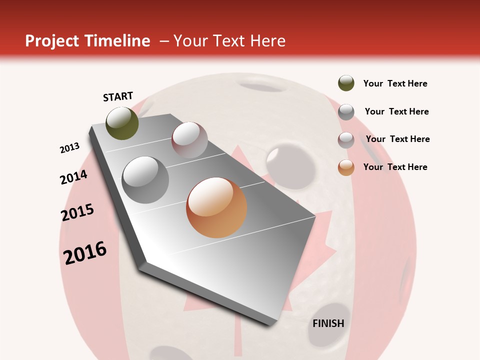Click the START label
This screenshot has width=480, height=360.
(x=118, y=96)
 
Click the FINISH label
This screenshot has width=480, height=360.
(x=328, y=323)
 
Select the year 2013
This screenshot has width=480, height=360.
(x=69, y=148)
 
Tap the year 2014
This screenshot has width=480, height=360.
(x=73, y=177)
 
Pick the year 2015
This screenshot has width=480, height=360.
(x=77, y=212)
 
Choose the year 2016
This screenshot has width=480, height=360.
(x=85, y=252)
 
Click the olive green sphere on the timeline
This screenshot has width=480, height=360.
(x=122, y=123)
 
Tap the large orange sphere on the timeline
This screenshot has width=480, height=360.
(x=216, y=207)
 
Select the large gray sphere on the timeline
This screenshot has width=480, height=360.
(x=145, y=180)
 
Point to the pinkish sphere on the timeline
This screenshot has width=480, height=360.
(x=189, y=140)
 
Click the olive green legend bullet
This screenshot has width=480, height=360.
(x=346, y=83)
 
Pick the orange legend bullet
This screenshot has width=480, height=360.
(x=346, y=167)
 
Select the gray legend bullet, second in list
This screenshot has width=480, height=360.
(x=346, y=112)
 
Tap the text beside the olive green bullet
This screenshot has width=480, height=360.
(x=395, y=83)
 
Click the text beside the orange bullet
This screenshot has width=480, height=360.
(x=395, y=167)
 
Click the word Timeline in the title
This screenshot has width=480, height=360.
(x=117, y=41)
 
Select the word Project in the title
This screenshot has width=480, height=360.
(x=51, y=41)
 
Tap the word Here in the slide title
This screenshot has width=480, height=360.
(x=267, y=41)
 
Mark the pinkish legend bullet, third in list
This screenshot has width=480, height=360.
(x=346, y=140)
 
